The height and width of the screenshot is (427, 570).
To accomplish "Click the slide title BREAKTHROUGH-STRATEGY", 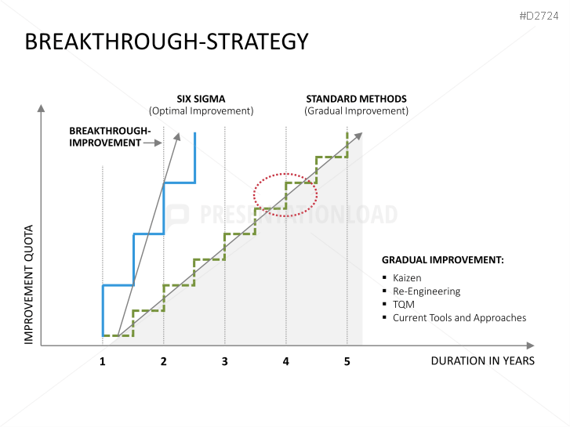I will click(x=166, y=42).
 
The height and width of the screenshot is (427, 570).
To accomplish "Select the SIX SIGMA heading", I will click(x=201, y=99).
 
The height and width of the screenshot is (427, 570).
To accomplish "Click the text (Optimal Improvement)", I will click(x=201, y=111).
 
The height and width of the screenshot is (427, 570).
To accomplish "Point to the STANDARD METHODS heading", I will click(x=356, y=99).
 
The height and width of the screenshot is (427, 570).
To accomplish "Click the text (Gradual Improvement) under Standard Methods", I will click(x=356, y=111).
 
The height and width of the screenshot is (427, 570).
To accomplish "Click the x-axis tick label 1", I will click(x=102, y=361).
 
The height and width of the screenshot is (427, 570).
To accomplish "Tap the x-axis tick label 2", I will click(x=163, y=361).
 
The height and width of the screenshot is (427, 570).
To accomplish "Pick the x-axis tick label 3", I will click(x=224, y=361).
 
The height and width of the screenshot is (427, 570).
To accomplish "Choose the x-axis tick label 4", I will click(x=285, y=361).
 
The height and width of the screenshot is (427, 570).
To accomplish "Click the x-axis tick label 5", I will click(x=347, y=361).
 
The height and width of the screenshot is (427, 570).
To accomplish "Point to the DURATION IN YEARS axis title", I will click(x=482, y=361).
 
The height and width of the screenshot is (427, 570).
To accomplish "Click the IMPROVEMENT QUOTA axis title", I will click(x=29, y=285).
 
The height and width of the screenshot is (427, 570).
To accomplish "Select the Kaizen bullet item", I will click(x=407, y=277).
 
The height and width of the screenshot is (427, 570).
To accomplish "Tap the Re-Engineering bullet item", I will click(x=426, y=291).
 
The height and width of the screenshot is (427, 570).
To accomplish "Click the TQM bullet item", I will click(x=404, y=304).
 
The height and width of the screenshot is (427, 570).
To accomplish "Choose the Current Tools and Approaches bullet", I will click(x=459, y=317).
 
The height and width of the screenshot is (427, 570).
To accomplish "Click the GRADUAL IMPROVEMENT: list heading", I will click(x=442, y=259).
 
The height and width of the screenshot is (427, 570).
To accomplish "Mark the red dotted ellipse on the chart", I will click(x=285, y=194).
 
